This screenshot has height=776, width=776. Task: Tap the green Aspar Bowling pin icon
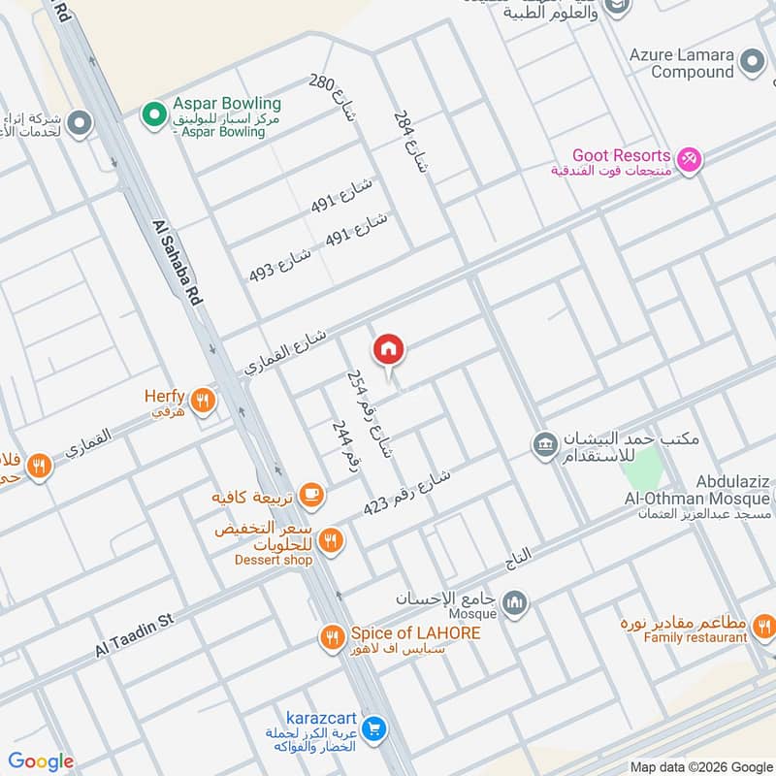[x=152, y=115]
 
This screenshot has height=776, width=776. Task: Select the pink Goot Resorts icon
[x=689, y=158]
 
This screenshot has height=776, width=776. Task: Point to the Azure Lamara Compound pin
[x=752, y=64]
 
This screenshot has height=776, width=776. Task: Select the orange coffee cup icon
[x=310, y=496]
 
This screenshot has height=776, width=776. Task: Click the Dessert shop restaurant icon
[x=331, y=539]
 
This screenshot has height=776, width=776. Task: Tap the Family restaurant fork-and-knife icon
[x=763, y=627]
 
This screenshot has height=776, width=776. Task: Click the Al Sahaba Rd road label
[x=178, y=264]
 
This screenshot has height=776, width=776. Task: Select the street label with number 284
[x=409, y=142]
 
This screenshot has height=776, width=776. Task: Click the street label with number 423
[x=407, y=493]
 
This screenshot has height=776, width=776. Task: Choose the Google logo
[x=41, y=761]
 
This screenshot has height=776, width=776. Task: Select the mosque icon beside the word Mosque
[x=516, y=603]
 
